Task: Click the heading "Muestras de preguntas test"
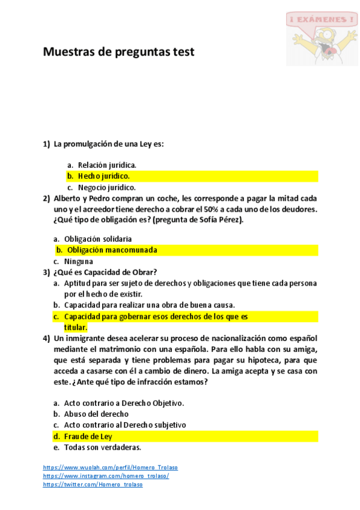point(118,52)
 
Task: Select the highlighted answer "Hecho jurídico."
point(103,176)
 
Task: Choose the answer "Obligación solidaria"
point(97,239)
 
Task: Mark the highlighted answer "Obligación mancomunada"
point(112,250)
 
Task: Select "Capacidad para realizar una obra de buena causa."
point(149,305)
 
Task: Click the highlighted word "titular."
point(76,327)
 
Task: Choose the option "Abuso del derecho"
point(96,414)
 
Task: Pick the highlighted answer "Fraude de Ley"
point(88,437)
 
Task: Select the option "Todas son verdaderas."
point(102,447)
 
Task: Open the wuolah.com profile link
point(111,467)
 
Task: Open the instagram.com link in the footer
point(106,476)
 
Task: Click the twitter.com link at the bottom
point(93,484)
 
